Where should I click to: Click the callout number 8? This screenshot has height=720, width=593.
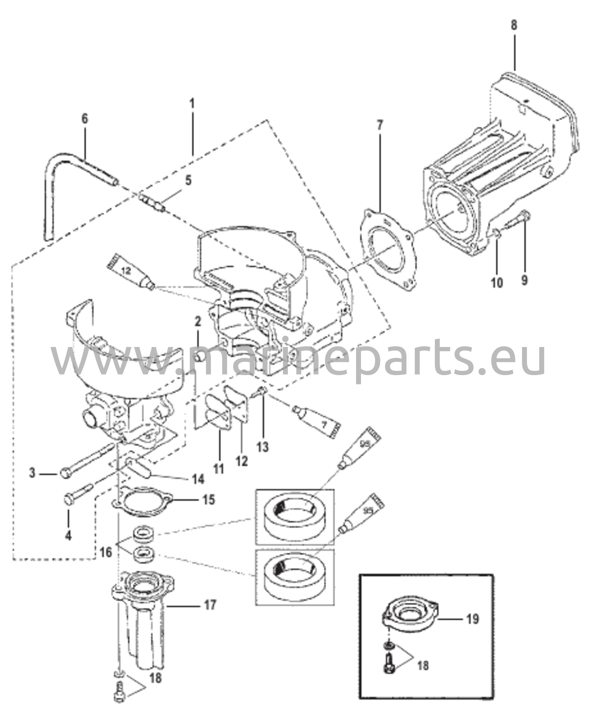pyautogui.click(x=514, y=26)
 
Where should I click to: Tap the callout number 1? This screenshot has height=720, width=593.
pyautogui.click(x=192, y=104)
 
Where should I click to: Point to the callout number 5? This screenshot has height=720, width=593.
pyautogui.click(x=188, y=181)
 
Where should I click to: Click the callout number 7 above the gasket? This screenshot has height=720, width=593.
pyautogui.click(x=380, y=125)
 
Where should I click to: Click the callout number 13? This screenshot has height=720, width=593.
pyautogui.click(x=262, y=447)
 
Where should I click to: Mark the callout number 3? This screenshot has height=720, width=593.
pyautogui.click(x=32, y=473)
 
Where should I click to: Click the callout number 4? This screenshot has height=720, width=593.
pyautogui.click(x=68, y=535)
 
